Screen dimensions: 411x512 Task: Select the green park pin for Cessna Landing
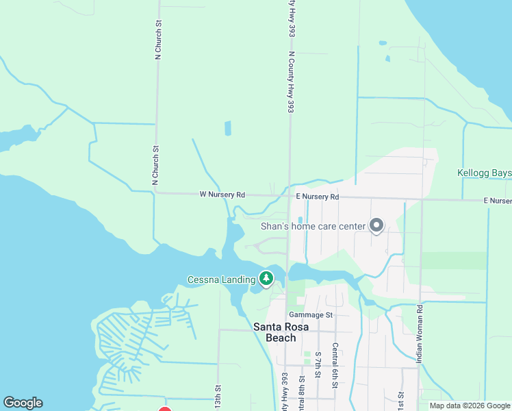[266, 278]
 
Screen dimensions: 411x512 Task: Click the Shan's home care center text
[311, 226]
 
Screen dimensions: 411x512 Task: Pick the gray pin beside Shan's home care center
[376, 225]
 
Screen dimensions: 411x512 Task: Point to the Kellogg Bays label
[484, 173]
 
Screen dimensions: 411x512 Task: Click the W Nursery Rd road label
[222, 195]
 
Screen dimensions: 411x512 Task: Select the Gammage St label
[310, 315]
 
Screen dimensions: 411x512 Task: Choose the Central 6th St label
[335, 366]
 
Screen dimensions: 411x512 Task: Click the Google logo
[23, 403]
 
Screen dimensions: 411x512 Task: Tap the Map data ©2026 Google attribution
[469, 406]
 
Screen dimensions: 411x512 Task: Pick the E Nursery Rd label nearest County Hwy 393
[318, 197]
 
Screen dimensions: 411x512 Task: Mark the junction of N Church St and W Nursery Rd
[156, 193]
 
